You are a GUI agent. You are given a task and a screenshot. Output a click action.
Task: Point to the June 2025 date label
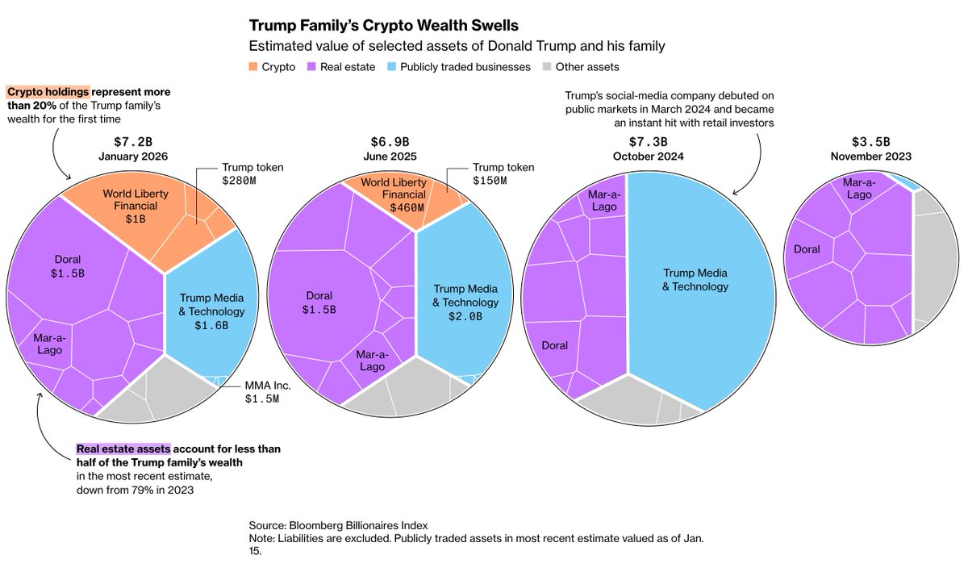pos(390,156)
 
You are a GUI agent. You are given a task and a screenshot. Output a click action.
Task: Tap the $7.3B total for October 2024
pos(649,141)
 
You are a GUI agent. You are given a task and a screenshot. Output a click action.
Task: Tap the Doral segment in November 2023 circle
pos(807,249)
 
